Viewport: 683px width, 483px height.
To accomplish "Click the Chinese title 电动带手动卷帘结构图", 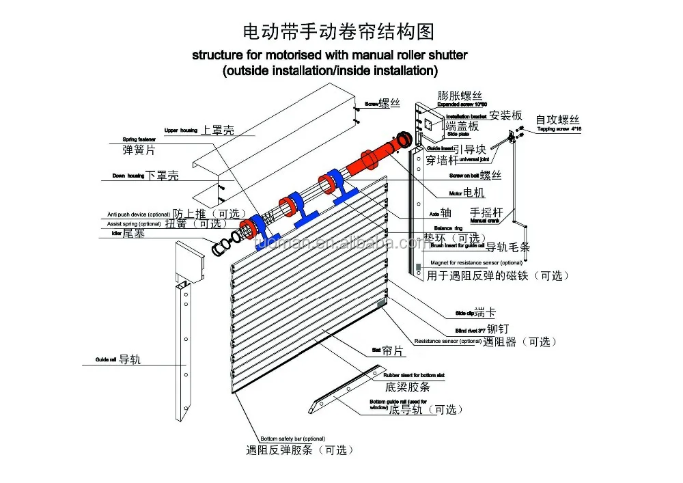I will tap(339, 32).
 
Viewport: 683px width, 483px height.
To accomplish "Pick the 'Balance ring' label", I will tap(449, 227).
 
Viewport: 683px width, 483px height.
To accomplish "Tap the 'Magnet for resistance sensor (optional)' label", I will tap(476, 262).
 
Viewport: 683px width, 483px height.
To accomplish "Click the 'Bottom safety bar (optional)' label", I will tap(292, 439).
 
